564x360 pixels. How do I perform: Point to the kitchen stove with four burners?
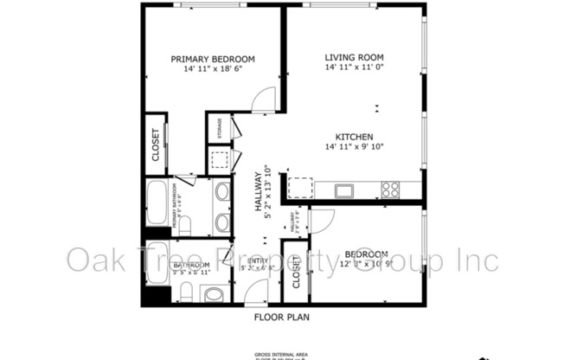[390, 189]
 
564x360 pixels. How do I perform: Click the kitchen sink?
[343, 190]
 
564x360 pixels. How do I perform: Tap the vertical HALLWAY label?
[258, 192]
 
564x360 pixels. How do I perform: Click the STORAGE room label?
[220, 128]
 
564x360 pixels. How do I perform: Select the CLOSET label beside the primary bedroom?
[156, 145]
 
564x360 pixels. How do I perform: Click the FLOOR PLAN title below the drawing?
[281, 318]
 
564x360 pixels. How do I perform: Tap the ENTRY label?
[258, 260]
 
